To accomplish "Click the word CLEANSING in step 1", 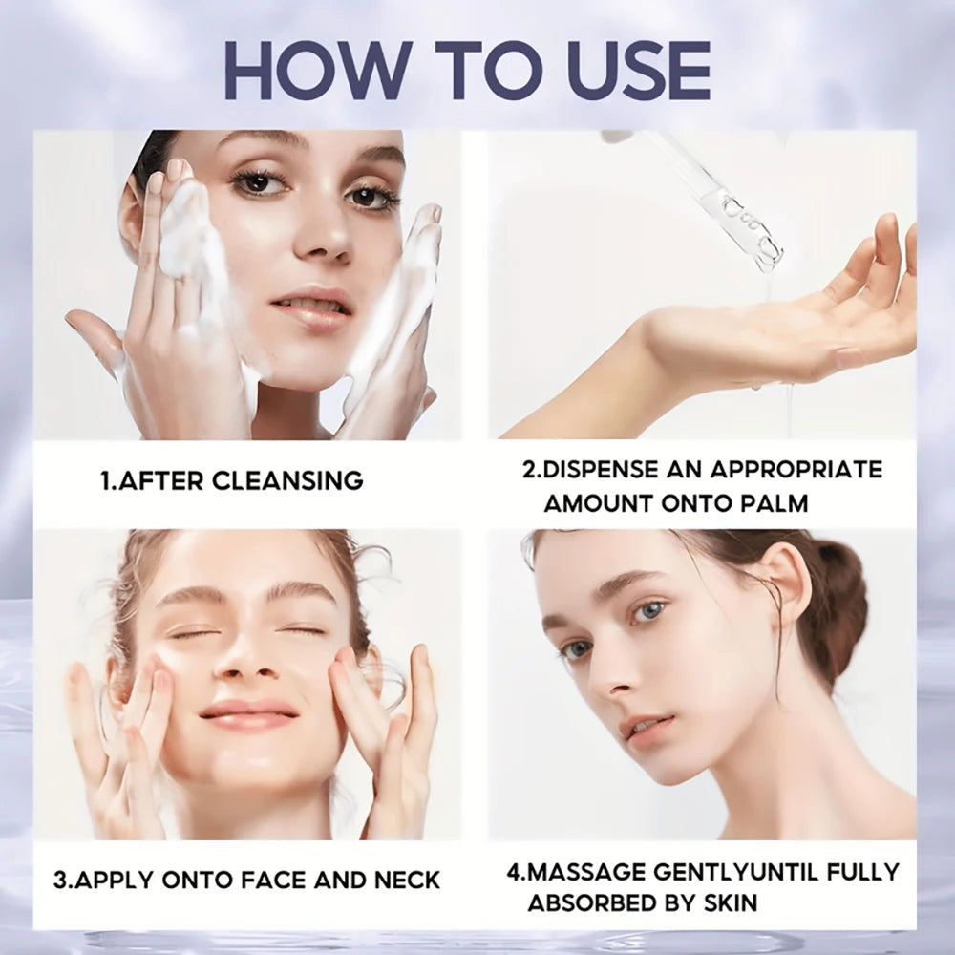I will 287,480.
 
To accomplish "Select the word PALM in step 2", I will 770,502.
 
